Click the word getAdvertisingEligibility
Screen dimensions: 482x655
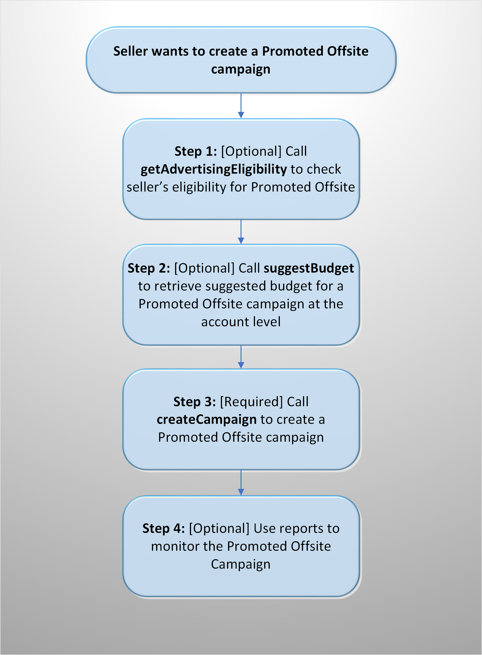pyautogui.click(x=214, y=170)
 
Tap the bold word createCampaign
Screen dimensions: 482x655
pyautogui.click(x=207, y=420)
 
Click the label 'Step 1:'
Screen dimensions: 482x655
pyautogui.click(x=196, y=151)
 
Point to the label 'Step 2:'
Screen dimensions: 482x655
pyautogui.click(x=149, y=268)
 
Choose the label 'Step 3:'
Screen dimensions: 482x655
pyautogui.click(x=195, y=401)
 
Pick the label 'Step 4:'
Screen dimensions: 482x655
pyautogui.click(x=164, y=528)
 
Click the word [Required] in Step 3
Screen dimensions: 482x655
pyautogui.click(x=252, y=402)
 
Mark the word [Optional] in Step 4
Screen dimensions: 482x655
pyautogui.click(x=219, y=529)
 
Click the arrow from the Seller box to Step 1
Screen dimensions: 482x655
pyautogui.click(x=241, y=106)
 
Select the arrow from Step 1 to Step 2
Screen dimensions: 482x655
pyautogui.click(x=241, y=232)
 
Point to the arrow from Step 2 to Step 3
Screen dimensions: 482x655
pyautogui.click(x=241, y=357)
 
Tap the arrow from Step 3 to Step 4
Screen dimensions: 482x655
pyautogui.click(x=241, y=483)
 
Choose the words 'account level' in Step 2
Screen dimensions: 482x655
pyautogui.click(x=241, y=322)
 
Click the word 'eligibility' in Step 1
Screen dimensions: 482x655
pyautogui.click(x=199, y=188)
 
